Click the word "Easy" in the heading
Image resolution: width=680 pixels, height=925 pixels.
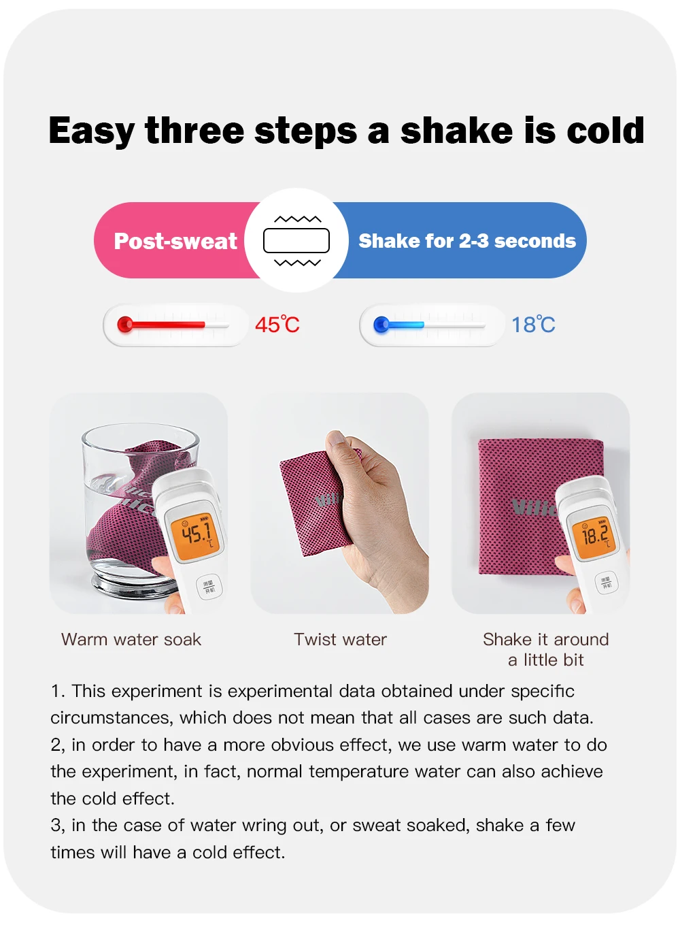[x=92, y=131]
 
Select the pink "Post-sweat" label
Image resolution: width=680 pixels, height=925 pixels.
[x=175, y=241]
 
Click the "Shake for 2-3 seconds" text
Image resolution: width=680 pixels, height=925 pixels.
[x=467, y=241]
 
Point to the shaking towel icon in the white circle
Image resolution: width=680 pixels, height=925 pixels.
[x=296, y=240]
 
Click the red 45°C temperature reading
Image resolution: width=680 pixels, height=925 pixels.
[x=277, y=325]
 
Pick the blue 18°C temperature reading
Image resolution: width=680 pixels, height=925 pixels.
[x=534, y=325]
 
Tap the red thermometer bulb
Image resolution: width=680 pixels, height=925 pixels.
[x=125, y=324]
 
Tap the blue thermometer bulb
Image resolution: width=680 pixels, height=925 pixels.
[x=381, y=325]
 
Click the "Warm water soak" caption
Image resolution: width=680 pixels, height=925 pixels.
[x=131, y=640]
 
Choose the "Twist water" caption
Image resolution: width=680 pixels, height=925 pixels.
[x=341, y=640]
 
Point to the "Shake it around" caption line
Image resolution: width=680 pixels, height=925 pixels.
[x=546, y=640]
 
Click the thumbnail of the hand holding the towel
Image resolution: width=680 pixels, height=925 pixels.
[x=339, y=503]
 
